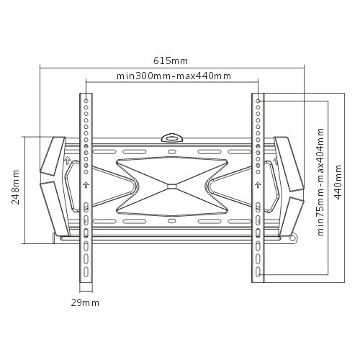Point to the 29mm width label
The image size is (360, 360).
[x=85, y=303]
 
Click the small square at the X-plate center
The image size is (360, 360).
[x=171, y=186]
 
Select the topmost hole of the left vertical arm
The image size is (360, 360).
[x=86, y=102]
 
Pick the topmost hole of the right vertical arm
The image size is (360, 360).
[x=257, y=102]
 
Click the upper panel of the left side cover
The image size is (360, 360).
[x=53, y=155]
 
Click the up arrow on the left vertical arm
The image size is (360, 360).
[x=86, y=184]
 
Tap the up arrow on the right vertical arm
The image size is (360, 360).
[x=257, y=184]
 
